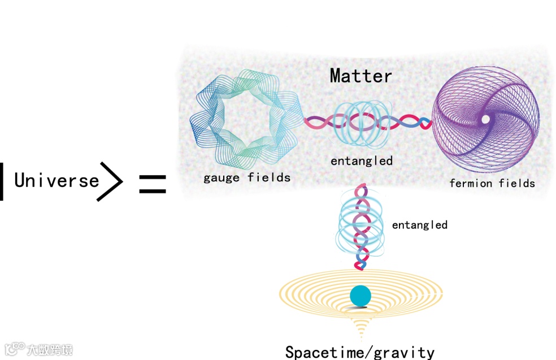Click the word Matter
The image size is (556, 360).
[x=360, y=76]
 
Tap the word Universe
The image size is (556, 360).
[x=57, y=180]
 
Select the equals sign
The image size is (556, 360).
[x=153, y=184]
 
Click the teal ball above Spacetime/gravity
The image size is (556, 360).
[x=360, y=296]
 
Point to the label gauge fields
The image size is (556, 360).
[x=247, y=177]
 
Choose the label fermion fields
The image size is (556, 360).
[x=492, y=183]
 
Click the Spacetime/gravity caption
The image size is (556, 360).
[x=359, y=352]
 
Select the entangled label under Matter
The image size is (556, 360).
[x=362, y=161]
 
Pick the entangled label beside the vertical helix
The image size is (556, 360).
[x=419, y=225]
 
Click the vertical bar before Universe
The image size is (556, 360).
[x=2, y=181]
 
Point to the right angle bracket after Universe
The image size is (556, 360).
[x=110, y=181]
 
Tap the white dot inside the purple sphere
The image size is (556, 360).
[x=485, y=119]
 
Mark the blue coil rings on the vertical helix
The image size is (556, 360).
[x=360, y=226]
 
